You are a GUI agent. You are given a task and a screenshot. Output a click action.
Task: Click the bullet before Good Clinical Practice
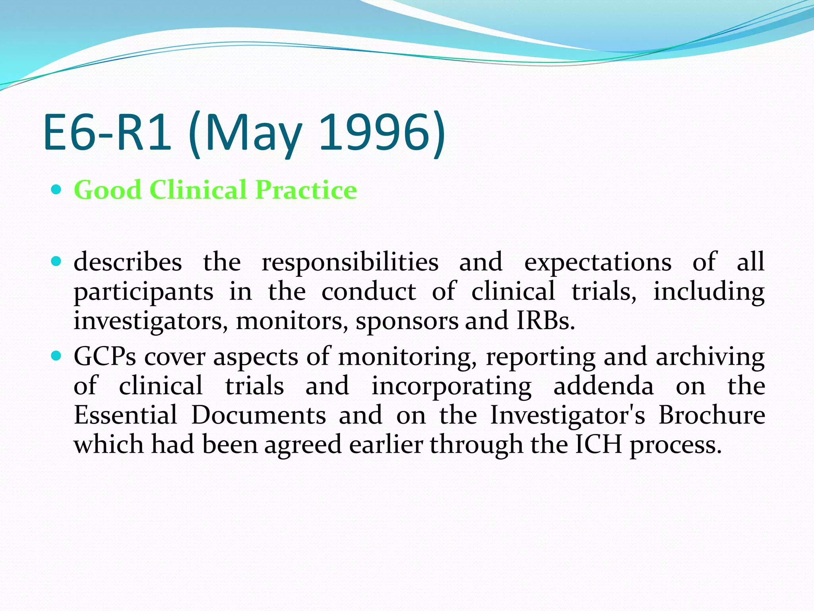(x=56, y=190)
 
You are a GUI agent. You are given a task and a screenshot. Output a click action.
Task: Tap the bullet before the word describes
(x=56, y=262)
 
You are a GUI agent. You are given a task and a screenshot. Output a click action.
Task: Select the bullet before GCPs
(x=56, y=356)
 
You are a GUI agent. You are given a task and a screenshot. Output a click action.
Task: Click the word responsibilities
(x=350, y=263)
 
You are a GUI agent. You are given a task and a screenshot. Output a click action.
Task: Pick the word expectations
(x=598, y=263)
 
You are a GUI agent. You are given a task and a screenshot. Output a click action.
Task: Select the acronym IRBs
(x=545, y=321)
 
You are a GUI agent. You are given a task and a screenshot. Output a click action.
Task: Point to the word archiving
(x=710, y=357)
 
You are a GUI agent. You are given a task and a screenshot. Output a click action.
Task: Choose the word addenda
(x=603, y=386)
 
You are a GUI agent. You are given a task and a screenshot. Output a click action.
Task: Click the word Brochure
(x=711, y=415)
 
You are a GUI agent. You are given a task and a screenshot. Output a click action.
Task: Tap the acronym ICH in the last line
(x=599, y=444)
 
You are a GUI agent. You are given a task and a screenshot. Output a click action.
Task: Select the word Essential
(x=126, y=415)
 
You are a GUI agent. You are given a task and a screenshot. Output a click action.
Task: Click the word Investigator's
(x=568, y=416)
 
